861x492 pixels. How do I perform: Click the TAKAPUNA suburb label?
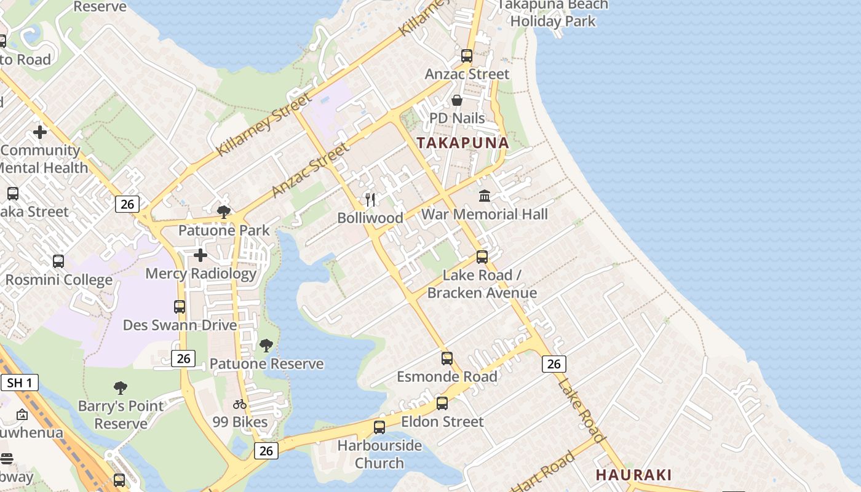[462, 143]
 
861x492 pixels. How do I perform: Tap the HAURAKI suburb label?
[633, 475]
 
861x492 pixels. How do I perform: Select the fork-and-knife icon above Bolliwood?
[370, 199]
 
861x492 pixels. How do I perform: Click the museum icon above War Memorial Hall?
[485, 196]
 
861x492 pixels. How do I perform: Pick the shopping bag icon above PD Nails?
[457, 100]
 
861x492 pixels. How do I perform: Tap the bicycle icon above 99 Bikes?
[240, 404]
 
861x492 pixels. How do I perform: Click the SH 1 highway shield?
[19, 383]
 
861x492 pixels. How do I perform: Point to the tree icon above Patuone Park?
[224, 212]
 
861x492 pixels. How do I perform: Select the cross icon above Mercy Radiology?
[200, 255]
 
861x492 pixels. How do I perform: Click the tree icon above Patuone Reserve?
[266, 346]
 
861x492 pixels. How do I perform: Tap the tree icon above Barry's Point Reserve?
[121, 388]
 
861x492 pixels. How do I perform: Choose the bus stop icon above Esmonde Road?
[447, 358]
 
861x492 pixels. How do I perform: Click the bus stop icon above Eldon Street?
[442, 403]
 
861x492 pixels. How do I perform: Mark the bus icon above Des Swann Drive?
[180, 306]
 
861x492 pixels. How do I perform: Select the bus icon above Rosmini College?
[58, 261]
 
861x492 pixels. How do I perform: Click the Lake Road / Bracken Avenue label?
[482, 284]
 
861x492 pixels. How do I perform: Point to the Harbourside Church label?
[379, 454]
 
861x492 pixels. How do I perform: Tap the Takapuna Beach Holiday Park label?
[552, 12]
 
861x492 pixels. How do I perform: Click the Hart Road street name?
[545, 472]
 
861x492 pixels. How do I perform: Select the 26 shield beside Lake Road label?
[553, 363]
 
